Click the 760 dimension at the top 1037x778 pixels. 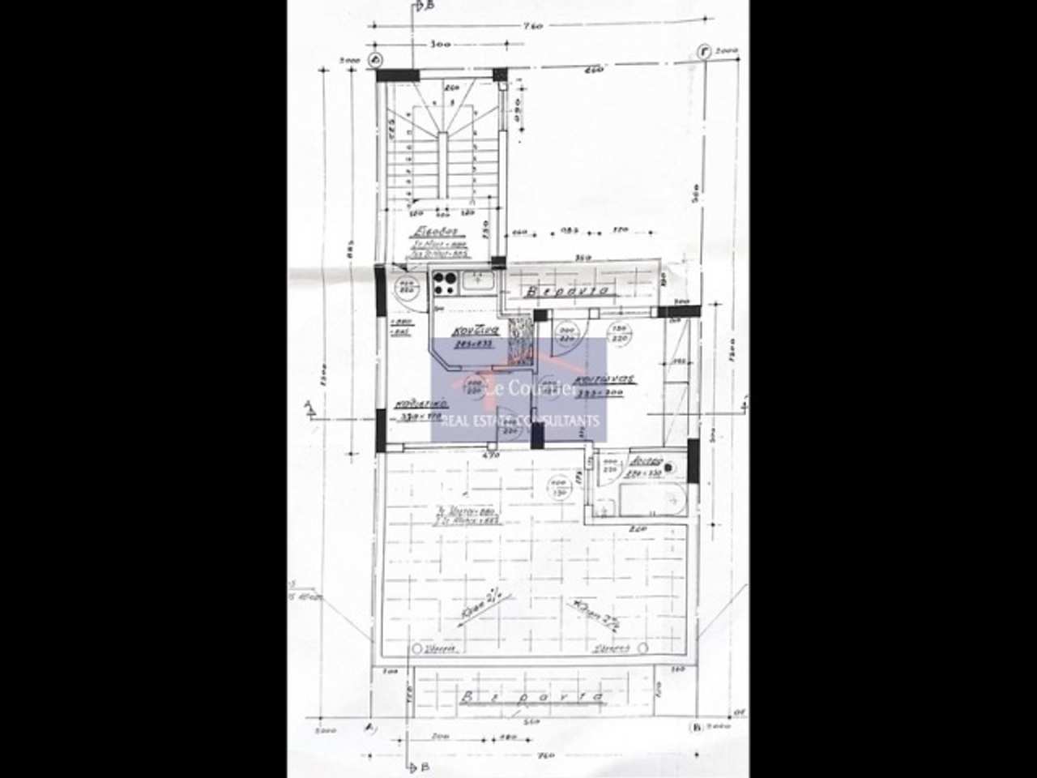pos(532,26)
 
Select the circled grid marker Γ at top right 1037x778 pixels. pos(706,53)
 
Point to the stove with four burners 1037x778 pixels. pos(445,282)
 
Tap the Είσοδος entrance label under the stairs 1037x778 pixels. pos(426,229)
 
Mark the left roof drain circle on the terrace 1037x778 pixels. pos(416,648)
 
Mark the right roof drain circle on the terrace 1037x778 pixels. pos(642,648)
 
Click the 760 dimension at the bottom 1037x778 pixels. pos(545,755)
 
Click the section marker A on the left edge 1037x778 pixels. pos(309,407)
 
